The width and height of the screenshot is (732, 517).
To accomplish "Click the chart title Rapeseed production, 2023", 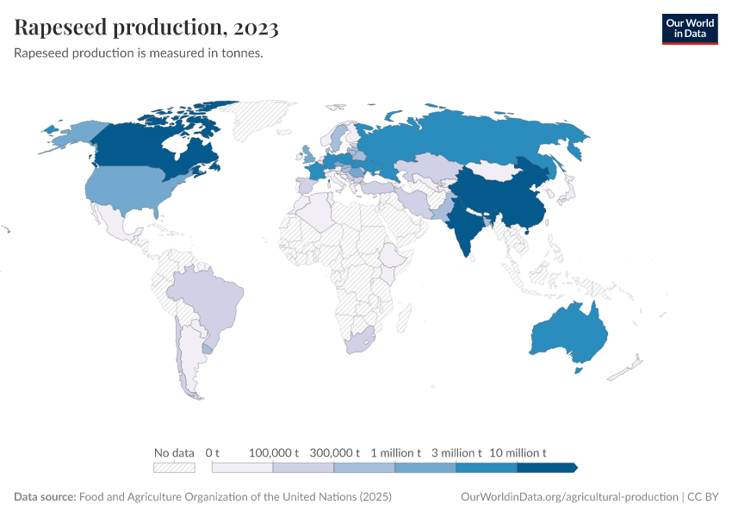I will pyautogui.click(x=146, y=28).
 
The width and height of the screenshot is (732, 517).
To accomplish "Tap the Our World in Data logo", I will pyautogui.click(x=689, y=28).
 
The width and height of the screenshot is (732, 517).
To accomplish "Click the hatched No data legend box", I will pyautogui.click(x=174, y=467).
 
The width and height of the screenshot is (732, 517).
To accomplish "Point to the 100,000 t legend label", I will pyautogui.click(x=273, y=452).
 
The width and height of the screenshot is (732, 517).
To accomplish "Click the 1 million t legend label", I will pyautogui.click(x=395, y=452).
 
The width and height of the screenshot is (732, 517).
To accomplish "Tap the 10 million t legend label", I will pyautogui.click(x=518, y=452).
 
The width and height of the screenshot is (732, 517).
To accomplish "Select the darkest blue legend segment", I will pyautogui.click(x=546, y=467).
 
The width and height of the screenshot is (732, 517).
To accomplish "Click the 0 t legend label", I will pyautogui.click(x=213, y=452).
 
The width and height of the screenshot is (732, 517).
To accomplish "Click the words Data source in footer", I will pyautogui.click(x=44, y=497).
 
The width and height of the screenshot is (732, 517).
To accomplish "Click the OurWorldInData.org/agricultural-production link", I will pyautogui.click(x=569, y=497).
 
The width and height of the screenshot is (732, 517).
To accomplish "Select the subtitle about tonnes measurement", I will pyautogui.click(x=139, y=53).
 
